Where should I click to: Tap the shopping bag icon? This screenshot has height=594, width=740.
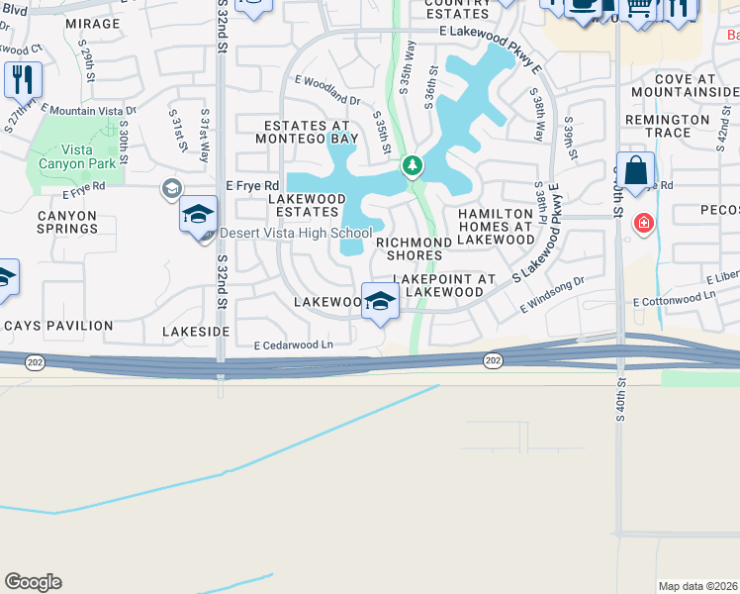[x=635, y=169]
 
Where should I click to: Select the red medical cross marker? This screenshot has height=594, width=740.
[x=644, y=224]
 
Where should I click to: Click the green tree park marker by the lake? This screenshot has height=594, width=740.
[x=413, y=167]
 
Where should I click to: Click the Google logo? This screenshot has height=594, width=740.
[x=33, y=582]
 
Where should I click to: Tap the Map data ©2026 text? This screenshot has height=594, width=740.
[x=697, y=586]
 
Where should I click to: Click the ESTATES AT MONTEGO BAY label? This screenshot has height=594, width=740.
[x=307, y=133]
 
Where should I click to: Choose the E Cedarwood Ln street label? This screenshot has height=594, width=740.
[x=294, y=346]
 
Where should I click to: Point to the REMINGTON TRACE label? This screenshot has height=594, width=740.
[x=668, y=126]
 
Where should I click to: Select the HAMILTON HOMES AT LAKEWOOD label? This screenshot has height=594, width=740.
[x=496, y=227]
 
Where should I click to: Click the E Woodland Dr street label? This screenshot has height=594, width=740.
[x=327, y=90]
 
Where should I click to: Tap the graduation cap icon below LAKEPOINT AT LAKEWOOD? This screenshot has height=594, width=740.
[x=379, y=301]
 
